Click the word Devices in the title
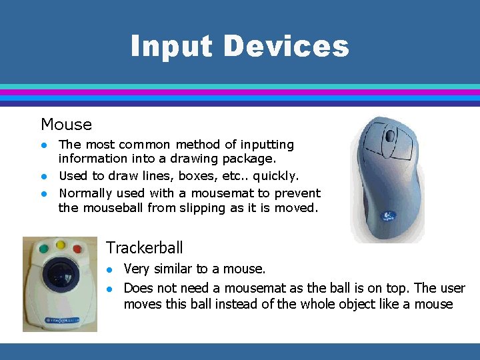click(x=286, y=47)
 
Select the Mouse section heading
click(x=66, y=125)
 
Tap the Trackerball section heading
click(x=144, y=248)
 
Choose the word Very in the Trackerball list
click(x=137, y=269)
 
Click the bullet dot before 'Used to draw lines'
click(x=44, y=177)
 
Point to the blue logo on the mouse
click(x=387, y=217)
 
